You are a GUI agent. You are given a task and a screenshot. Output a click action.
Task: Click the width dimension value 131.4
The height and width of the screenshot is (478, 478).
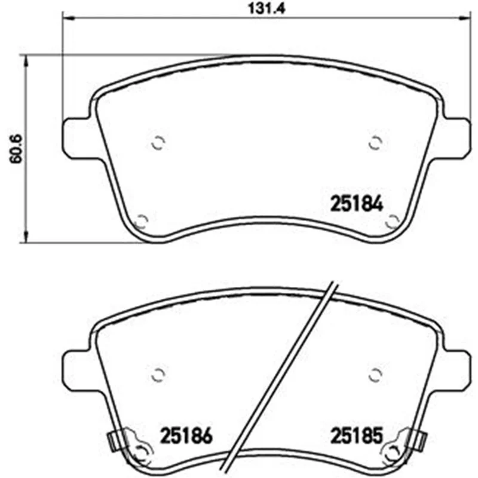[266, 8]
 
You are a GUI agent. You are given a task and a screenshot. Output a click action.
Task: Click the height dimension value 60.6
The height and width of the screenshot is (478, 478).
[16, 149]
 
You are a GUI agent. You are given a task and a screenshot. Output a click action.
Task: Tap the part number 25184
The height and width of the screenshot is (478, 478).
[357, 204]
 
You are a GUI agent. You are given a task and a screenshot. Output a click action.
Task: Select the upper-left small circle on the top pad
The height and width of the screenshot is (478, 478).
[158, 143]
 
